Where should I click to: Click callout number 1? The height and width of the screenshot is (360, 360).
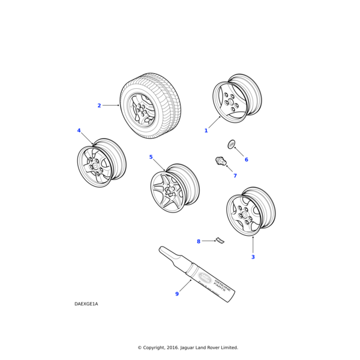206,130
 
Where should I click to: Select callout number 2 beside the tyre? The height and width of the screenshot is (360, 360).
99,106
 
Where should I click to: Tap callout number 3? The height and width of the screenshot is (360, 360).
253,257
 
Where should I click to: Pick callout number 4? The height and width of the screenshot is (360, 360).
79,130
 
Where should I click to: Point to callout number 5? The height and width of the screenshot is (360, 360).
151,157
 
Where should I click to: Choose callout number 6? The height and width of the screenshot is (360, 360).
245,160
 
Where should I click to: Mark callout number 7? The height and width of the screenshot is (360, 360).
235,176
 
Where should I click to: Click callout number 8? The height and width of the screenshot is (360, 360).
199,241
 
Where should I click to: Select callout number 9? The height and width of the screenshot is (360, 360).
177,294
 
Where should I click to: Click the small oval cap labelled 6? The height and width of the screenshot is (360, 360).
231,144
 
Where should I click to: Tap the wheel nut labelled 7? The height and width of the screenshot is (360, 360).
220,161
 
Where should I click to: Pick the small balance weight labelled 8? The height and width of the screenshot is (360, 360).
220,241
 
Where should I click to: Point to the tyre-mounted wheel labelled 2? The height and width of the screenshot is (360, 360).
150,106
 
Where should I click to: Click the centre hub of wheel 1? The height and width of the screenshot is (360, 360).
230,102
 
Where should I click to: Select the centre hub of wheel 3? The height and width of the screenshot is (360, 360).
244,215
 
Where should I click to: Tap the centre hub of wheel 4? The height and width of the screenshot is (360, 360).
95,166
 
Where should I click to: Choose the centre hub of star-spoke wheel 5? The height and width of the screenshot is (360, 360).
169,191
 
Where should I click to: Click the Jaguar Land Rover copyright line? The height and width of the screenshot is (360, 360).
188,347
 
